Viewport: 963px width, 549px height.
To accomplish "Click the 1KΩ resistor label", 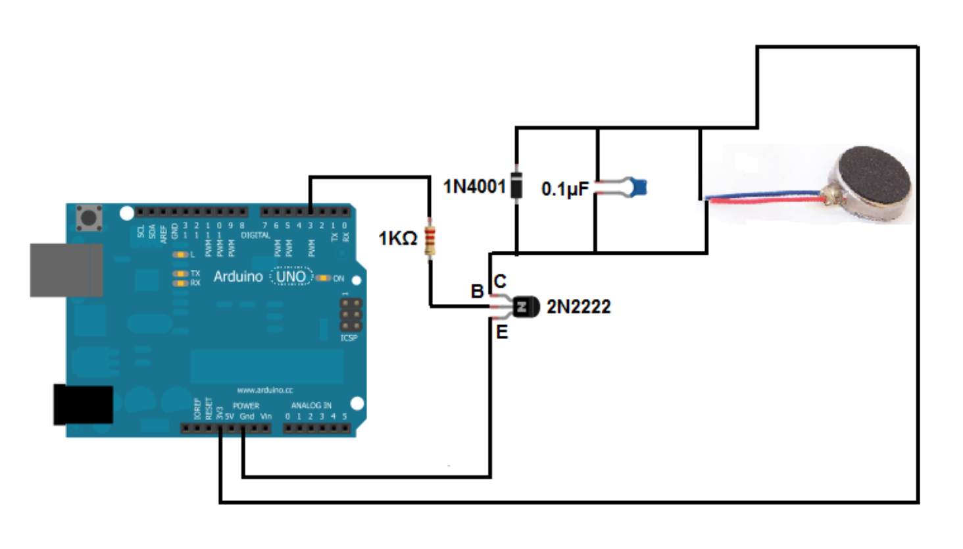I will click(x=397, y=238).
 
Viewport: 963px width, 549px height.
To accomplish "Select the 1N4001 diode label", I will click(x=474, y=187).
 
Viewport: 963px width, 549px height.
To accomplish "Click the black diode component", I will click(x=517, y=185).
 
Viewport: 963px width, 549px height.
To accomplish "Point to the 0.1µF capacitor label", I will click(x=564, y=190).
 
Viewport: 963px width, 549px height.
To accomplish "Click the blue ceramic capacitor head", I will click(x=638, y=188).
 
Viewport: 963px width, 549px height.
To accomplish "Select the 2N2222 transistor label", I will click(x=578, y=307).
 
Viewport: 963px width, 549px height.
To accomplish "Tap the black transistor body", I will click(x=525, y=306).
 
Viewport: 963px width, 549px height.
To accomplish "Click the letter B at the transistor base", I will click(x=477, y=291).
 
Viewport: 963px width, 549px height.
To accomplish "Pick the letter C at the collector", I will click(x=500, y=282).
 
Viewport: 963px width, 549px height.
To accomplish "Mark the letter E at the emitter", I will click(x=501, y=332).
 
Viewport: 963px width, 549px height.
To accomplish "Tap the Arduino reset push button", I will click(x=89, y=217).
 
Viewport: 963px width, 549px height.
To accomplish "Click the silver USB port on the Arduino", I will click(x=66, y=270).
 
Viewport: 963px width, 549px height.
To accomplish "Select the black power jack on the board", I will click(x=83, y=404).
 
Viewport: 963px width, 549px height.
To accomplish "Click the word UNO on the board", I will click(x=291, y=276).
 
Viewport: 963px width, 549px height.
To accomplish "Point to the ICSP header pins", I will click(x=351, y=315).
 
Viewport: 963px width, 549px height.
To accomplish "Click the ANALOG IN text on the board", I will click(x=311, y=405).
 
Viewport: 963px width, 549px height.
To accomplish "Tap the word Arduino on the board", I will click(x=238, y=276).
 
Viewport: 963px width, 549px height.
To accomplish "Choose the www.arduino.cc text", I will click(x=264, y=390).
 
